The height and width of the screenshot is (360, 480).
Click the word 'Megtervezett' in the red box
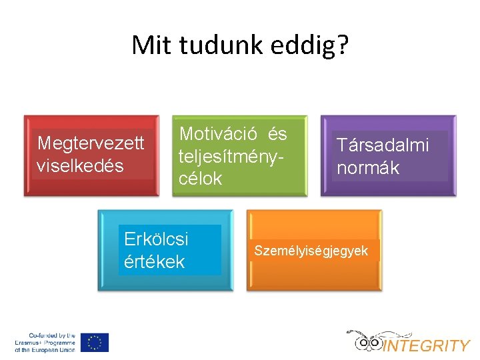[91, 143]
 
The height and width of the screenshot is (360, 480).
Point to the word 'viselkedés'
[80, 165]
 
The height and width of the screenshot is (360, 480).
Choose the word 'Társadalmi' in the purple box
[383, 145]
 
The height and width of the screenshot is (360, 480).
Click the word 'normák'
[368, 167]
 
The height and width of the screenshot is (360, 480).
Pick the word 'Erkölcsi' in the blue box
[156, 239]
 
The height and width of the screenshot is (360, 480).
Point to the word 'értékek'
[154, 261]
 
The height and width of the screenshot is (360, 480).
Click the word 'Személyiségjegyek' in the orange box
[311, 251]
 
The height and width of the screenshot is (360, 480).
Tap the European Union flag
[95, 342]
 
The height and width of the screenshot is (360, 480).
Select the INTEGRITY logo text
[427, 345]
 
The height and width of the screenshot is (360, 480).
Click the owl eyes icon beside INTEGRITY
[368, 343]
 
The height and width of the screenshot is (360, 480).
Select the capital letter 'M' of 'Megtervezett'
[45, 143]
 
